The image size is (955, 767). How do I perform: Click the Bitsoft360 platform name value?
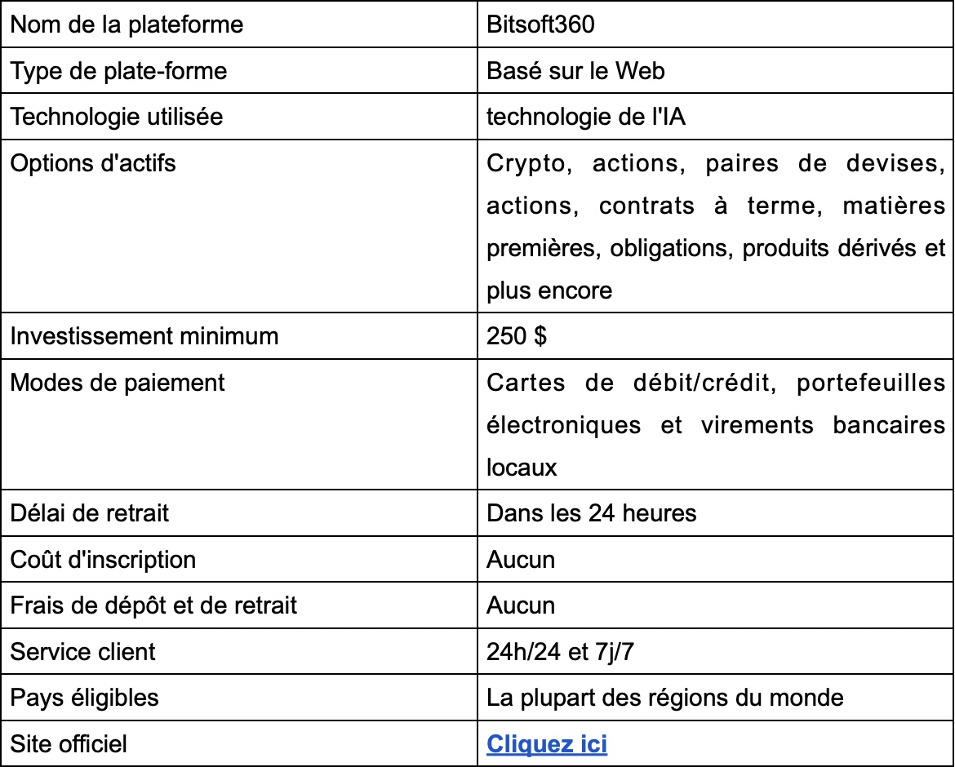[x=540, y=24]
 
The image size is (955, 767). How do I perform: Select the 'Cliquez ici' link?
[x=547, y=743]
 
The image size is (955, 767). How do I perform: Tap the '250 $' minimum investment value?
[x=517, y=336]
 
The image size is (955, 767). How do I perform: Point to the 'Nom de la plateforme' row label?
[x=127, y=24]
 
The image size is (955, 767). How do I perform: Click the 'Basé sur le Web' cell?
[x=575, y=71]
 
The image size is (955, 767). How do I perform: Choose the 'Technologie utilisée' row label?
[x=116, y=117]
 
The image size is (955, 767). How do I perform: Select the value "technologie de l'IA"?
[x=586, y=117]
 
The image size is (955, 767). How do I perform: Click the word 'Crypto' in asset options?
[x=526, y=163]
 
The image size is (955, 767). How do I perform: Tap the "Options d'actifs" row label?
[x=92, y=163]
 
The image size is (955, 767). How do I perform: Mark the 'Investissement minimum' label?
[x=144, y=336]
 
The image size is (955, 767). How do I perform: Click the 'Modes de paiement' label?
[x=117, y=382]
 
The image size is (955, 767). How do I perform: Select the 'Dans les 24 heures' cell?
[x=592, y=513]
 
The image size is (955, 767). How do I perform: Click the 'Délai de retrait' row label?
[x=90, y=513]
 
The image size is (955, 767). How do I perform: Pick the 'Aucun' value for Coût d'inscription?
[x=521, y=560]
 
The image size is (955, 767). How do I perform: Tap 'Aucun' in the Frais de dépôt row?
[x=521, y=605]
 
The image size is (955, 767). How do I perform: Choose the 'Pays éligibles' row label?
[x=84, y=698]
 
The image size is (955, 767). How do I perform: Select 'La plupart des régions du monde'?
[x=665, y=698]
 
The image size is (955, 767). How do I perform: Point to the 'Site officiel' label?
[x=69, y=743]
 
